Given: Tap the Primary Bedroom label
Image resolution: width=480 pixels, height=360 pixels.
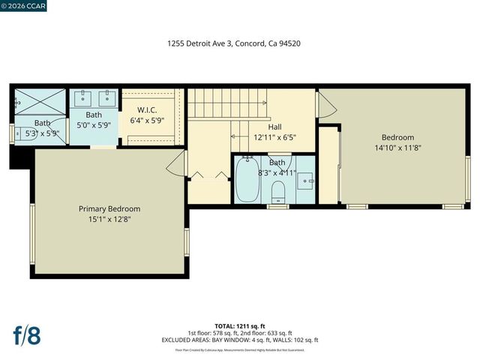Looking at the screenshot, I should point(109,208).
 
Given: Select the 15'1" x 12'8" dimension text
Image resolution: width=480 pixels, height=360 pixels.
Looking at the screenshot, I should point(109,220).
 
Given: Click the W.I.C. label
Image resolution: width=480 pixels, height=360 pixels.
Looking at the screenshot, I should point(147,109).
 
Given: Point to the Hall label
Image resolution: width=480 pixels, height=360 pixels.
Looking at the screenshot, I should point(274,127).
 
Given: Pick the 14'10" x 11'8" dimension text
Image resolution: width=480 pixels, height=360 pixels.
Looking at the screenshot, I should point(397,148).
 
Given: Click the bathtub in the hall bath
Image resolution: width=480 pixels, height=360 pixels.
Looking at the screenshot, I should point(247,180).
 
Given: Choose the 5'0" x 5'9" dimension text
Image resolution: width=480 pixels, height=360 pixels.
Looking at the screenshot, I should point(94,126).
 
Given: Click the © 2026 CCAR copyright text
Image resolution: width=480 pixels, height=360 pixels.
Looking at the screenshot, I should point(25,6).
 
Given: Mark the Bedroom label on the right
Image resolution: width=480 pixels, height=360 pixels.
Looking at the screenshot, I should point(397,137).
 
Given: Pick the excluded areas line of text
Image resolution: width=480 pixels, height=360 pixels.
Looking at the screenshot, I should point(240,340).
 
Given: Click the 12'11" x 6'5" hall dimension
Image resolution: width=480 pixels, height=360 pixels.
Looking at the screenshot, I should point(274,137).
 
